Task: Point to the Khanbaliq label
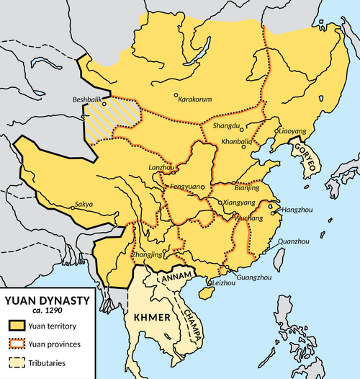[x=236, y=141]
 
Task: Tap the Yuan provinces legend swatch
[x=16, y=343]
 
